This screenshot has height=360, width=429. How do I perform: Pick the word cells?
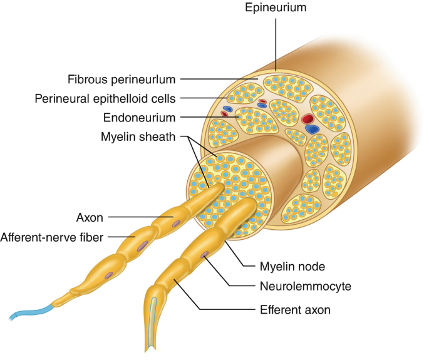162,98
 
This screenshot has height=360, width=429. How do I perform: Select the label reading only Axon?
90,218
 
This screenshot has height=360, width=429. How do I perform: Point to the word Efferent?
278,309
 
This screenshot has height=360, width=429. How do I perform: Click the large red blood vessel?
307,118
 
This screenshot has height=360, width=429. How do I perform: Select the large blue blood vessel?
311,129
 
